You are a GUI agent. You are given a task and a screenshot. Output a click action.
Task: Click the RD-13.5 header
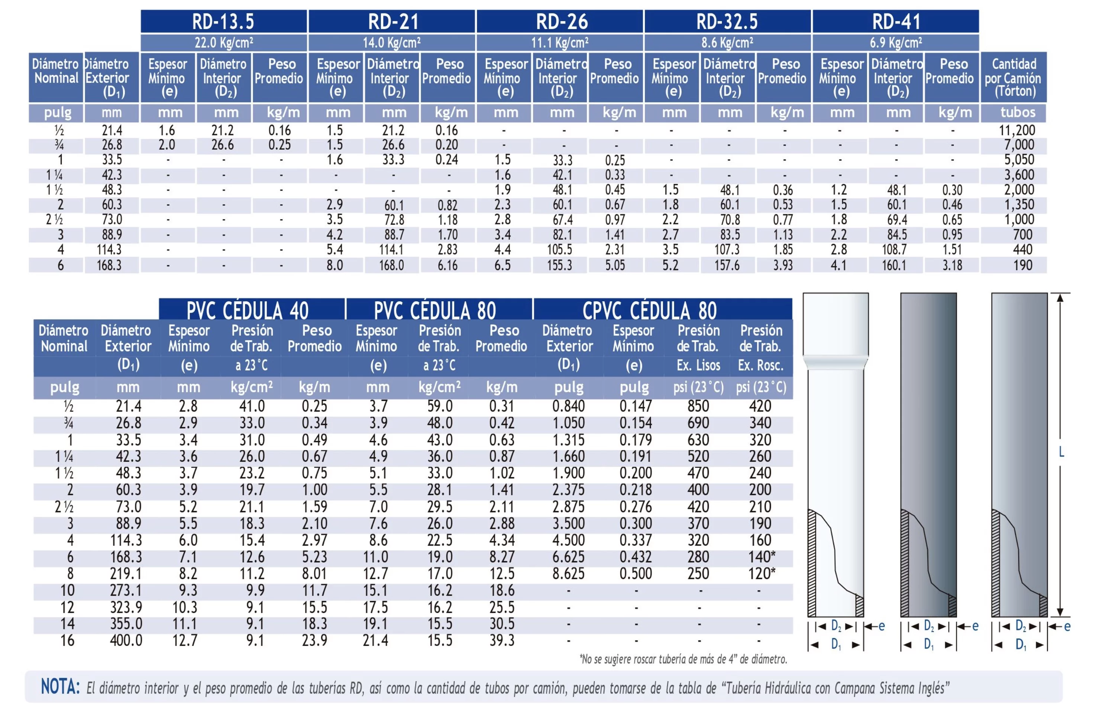coord(223,22)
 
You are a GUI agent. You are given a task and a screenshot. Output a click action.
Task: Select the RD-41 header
coord(895,22)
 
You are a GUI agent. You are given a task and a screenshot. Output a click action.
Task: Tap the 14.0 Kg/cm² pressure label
coord(391,43)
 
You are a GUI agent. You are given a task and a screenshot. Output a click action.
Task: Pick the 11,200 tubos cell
coord(1016,130)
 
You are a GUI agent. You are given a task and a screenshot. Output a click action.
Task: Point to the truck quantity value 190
coord(1022,265)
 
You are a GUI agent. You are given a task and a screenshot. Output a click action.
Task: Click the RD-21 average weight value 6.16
coord(447,265)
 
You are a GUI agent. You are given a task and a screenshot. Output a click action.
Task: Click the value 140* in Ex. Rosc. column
coord(762,557)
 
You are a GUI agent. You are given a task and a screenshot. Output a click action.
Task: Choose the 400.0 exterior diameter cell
coord(126,640)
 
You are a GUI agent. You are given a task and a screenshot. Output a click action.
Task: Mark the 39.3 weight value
coord(502,640)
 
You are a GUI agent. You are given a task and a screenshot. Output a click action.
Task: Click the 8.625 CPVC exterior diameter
coord(568,574)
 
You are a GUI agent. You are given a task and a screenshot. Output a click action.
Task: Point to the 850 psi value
coord(698,406)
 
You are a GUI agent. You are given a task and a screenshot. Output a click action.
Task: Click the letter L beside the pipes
coord(1061,452)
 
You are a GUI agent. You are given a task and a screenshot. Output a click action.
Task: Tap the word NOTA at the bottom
coord(60,687)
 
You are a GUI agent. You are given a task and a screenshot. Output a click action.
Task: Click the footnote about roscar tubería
coord(683,659)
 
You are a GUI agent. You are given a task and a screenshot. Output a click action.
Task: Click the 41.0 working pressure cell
coord(252,406)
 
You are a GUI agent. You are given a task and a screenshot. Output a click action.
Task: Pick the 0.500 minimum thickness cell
coord(635,574)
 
